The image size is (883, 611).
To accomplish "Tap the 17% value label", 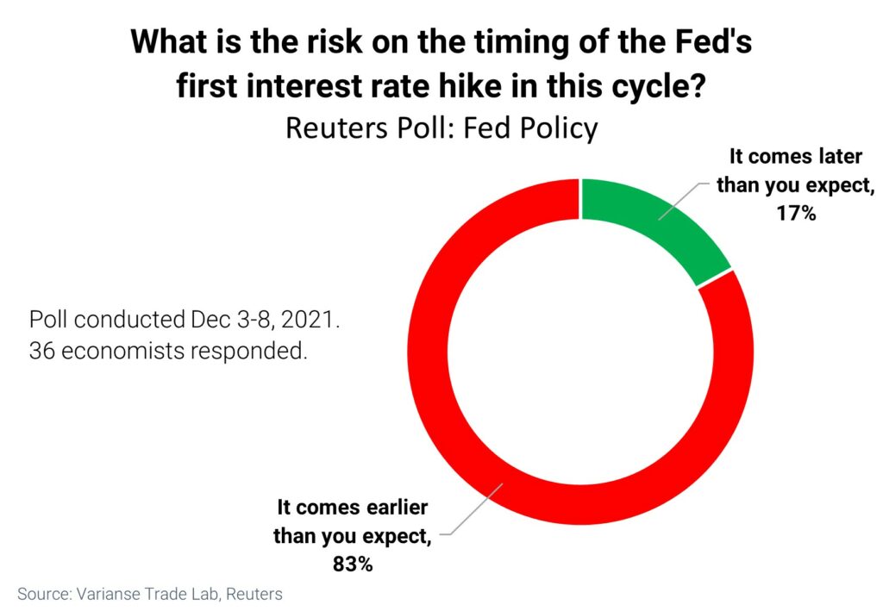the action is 796,213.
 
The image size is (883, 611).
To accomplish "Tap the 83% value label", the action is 353,564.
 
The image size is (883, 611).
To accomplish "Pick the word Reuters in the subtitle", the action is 337,128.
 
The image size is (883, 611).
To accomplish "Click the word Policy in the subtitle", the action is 559,128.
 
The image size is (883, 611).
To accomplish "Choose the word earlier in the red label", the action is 397,507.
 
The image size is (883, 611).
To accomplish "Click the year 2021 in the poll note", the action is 310,319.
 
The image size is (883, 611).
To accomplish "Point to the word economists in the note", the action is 122,351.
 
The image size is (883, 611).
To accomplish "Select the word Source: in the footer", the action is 45,594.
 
